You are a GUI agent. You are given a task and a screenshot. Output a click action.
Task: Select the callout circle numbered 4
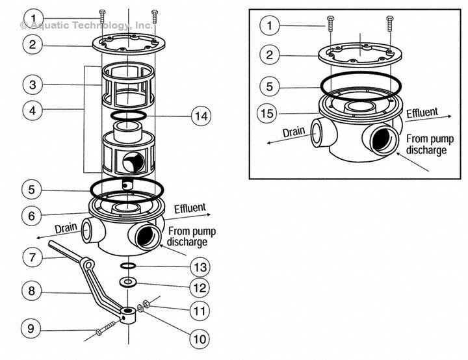pos(32,110)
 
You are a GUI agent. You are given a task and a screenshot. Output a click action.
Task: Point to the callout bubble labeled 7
pos(32,257)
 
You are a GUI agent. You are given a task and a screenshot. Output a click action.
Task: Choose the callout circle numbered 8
pos(32,290)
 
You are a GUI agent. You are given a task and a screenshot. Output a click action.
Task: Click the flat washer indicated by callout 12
pos(129,282)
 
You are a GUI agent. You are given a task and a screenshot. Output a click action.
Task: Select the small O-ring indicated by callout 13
pos(129,266)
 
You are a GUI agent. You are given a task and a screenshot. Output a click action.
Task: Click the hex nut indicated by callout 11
pos(146,302)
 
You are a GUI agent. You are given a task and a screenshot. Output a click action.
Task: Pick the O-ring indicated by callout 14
pos(128,115)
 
